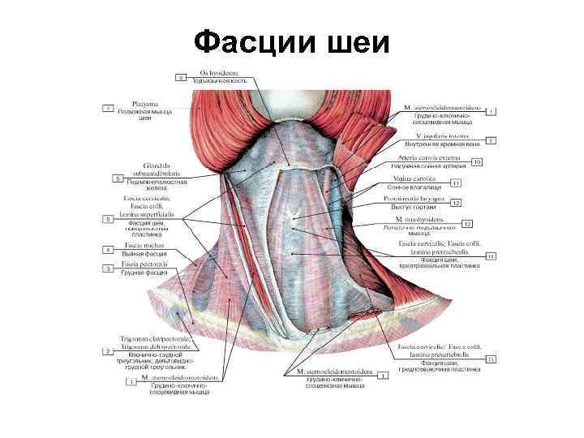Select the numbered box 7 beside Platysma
pos(106,107)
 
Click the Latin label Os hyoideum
pos(214,74)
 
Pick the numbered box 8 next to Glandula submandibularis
pos(118,176)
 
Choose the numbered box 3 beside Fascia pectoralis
pos(107,268)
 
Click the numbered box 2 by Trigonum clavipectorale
pos(106,351)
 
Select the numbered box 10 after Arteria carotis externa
pos(477,162)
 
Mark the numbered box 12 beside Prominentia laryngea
pos(456,203)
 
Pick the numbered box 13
pos(467,223)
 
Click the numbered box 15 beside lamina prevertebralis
pos(490,358)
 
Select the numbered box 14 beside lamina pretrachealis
pos(490,256)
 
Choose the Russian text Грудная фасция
pos(144,273)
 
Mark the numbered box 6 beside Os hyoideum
pos(181,77)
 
